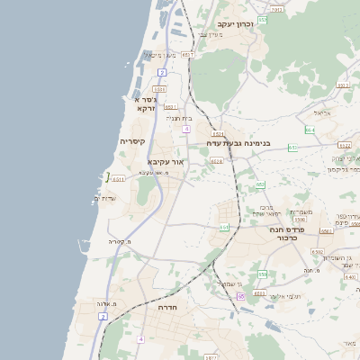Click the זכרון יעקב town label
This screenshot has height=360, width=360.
click(237, 23)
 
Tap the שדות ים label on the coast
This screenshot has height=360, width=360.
click(105, 198)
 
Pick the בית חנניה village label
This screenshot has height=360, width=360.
click(180, 117)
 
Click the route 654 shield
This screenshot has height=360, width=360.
click(309, 130)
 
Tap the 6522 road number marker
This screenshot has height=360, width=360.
click(344, 144)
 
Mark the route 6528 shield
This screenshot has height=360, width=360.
click(216, 161)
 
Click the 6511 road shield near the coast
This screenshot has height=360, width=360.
click(119, 179)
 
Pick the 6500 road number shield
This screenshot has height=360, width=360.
click(300, 219)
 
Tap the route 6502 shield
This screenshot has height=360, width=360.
click(317, 253)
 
